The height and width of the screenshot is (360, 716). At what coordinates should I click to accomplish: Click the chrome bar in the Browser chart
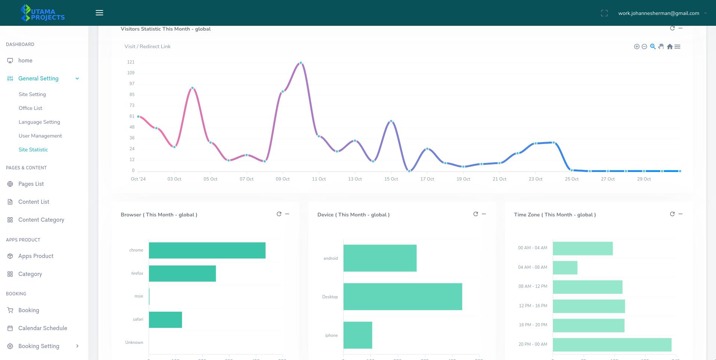pos(207,250)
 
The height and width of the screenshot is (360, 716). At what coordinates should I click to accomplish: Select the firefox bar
pos(182,274)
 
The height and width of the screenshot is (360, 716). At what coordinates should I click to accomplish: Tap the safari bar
pos(165,320)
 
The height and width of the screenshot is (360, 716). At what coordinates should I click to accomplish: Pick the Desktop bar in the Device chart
pos(403,297)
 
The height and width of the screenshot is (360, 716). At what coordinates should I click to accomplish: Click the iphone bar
pos(357,335)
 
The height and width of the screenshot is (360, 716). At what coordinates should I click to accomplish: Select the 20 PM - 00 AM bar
pos(612,345)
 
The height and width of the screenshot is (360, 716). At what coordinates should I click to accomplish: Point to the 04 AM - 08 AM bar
pos(565,268)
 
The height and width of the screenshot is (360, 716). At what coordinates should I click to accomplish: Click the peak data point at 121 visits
pos(301,63)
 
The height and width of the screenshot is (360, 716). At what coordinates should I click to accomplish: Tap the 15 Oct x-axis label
pos(391,179)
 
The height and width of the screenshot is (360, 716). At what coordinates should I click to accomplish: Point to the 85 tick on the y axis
pos(132,95)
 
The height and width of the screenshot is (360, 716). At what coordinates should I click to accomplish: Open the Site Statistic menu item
pos(33,150)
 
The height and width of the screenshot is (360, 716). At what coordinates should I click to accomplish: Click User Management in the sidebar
pos(40,136)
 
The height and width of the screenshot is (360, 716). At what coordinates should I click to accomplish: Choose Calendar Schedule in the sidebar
pos(43,328)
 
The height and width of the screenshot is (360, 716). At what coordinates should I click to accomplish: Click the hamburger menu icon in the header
pos(99,13)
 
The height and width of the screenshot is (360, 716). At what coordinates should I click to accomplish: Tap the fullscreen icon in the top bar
pos(604,13)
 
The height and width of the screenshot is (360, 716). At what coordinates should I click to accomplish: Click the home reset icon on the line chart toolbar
pos(670,47)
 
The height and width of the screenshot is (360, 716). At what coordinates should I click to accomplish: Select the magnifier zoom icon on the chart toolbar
pos(653,46)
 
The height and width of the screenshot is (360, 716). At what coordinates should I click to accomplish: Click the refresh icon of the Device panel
pos(476,214)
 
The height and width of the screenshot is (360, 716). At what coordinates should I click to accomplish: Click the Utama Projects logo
pos(43,13)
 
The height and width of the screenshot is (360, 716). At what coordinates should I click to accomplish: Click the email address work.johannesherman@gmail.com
pos(658,13)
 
